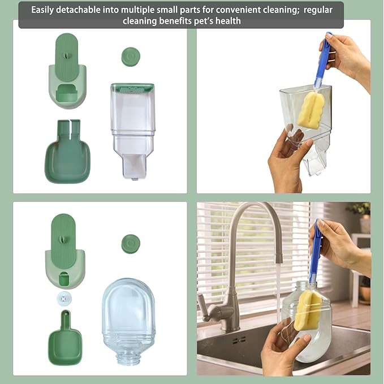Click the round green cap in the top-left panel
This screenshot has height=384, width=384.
point(131,57)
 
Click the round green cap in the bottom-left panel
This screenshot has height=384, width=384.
point(131,244)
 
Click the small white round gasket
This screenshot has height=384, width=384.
point(64,297)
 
